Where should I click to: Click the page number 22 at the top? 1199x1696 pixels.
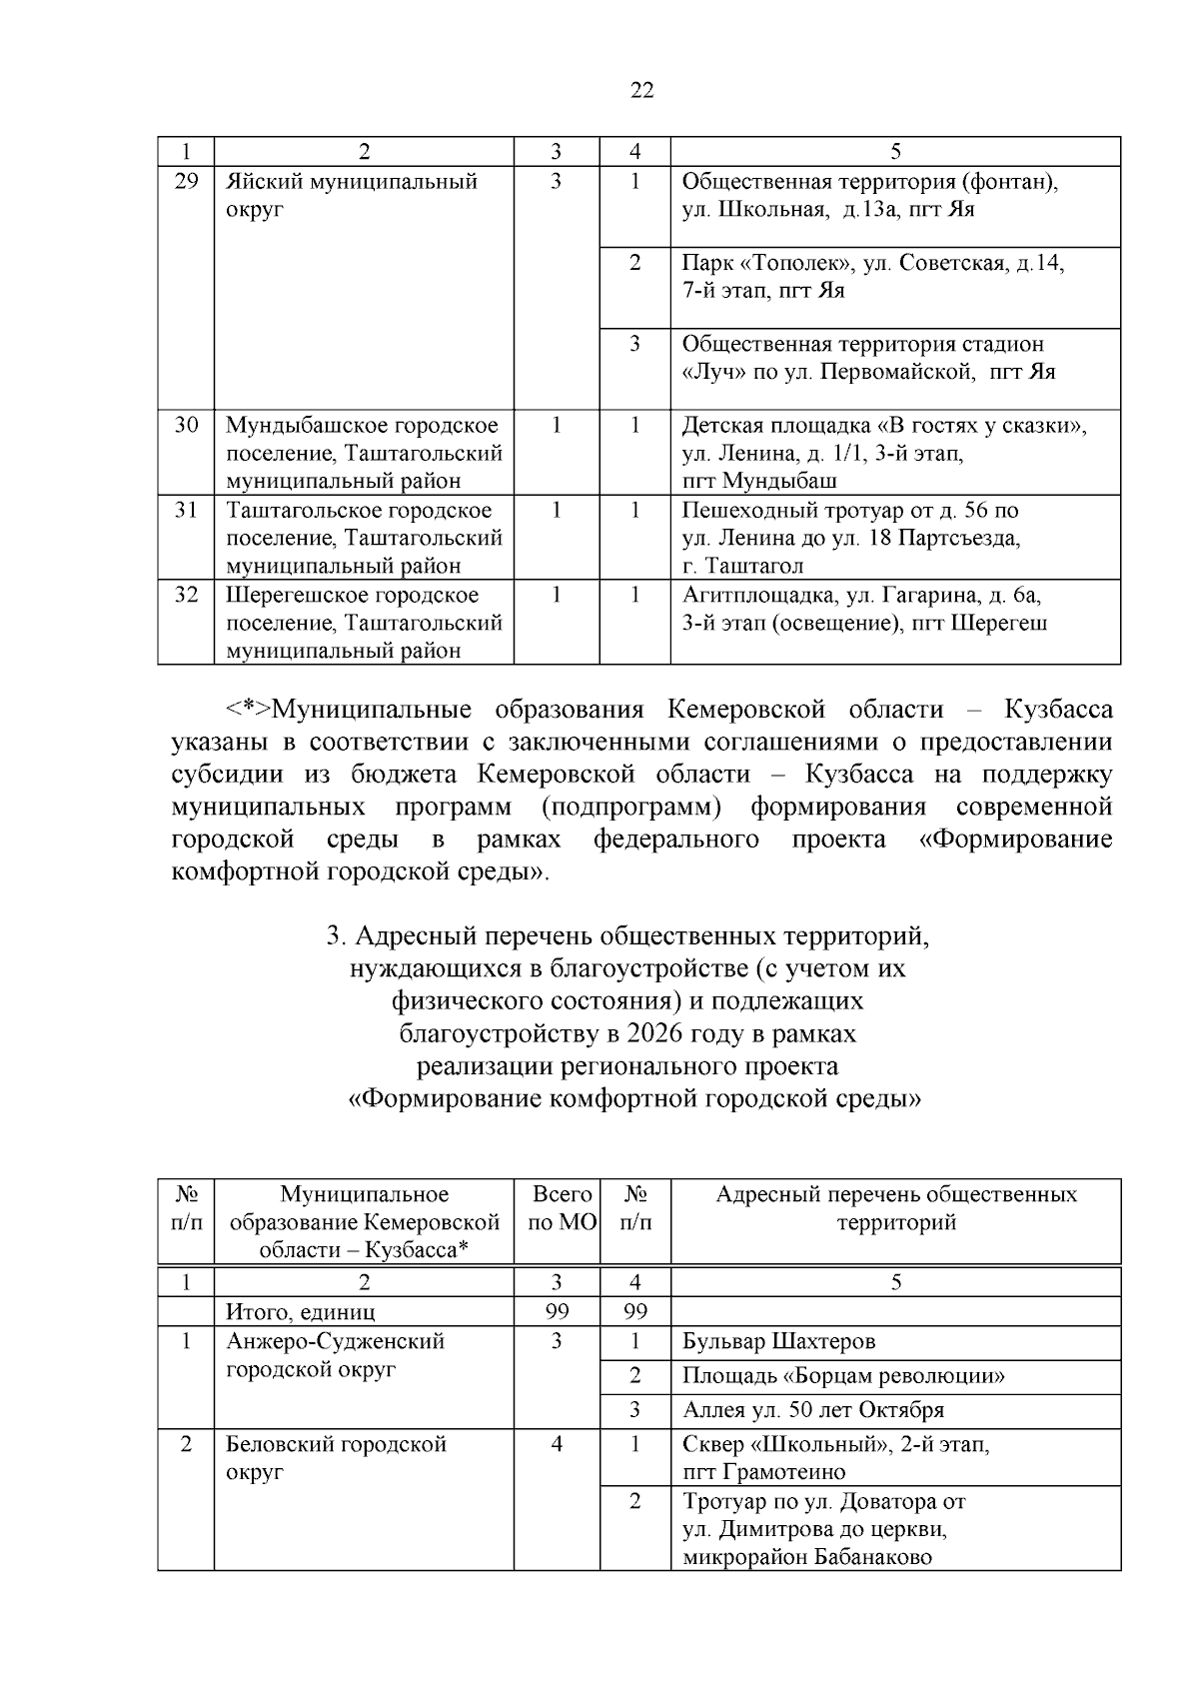pyautogui.click(x=642, y=91)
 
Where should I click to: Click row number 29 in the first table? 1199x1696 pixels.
pyautogui.click(x=186, y=182)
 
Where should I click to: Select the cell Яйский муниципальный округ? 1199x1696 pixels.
pyautogui.click(x=351, y=195)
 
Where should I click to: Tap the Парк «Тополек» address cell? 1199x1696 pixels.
pyautogui.click(x=872, y=277)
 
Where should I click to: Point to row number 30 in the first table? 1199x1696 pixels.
pyautogui.click(x=186, y=425)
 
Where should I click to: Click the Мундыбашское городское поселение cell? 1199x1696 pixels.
pyautogui.click(x=364, y=452)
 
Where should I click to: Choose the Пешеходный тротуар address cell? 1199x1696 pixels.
pyautogui.click(x=850, y=538)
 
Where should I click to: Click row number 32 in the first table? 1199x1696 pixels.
pyautogui.click(x=186, y=595)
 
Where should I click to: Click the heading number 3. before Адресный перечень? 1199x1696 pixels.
pyautogui.click(x=336, y=937)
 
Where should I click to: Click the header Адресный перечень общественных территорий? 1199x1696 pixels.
pyautogui.click(x=895, y=1208)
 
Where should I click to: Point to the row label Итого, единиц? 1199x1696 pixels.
pyautogui.click(x=301, y=1311)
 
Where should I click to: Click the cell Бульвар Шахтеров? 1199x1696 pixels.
pyautogui.click(x=778, y=1341)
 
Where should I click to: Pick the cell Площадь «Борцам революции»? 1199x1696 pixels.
pyautogui.click(x=843, y=1376)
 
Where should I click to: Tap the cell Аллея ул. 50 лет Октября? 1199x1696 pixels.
pyautogui.click(x=812, y=1410)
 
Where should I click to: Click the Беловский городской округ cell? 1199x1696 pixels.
pyautogui.click(x=336, y=1457)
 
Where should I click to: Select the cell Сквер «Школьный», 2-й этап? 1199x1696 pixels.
pyautogui.click(x=835, y=1457)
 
